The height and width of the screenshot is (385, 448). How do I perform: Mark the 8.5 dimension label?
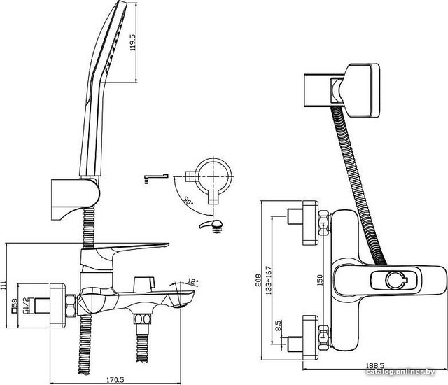pos(279,327)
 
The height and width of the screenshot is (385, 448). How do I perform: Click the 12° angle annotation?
pos(193,282)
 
